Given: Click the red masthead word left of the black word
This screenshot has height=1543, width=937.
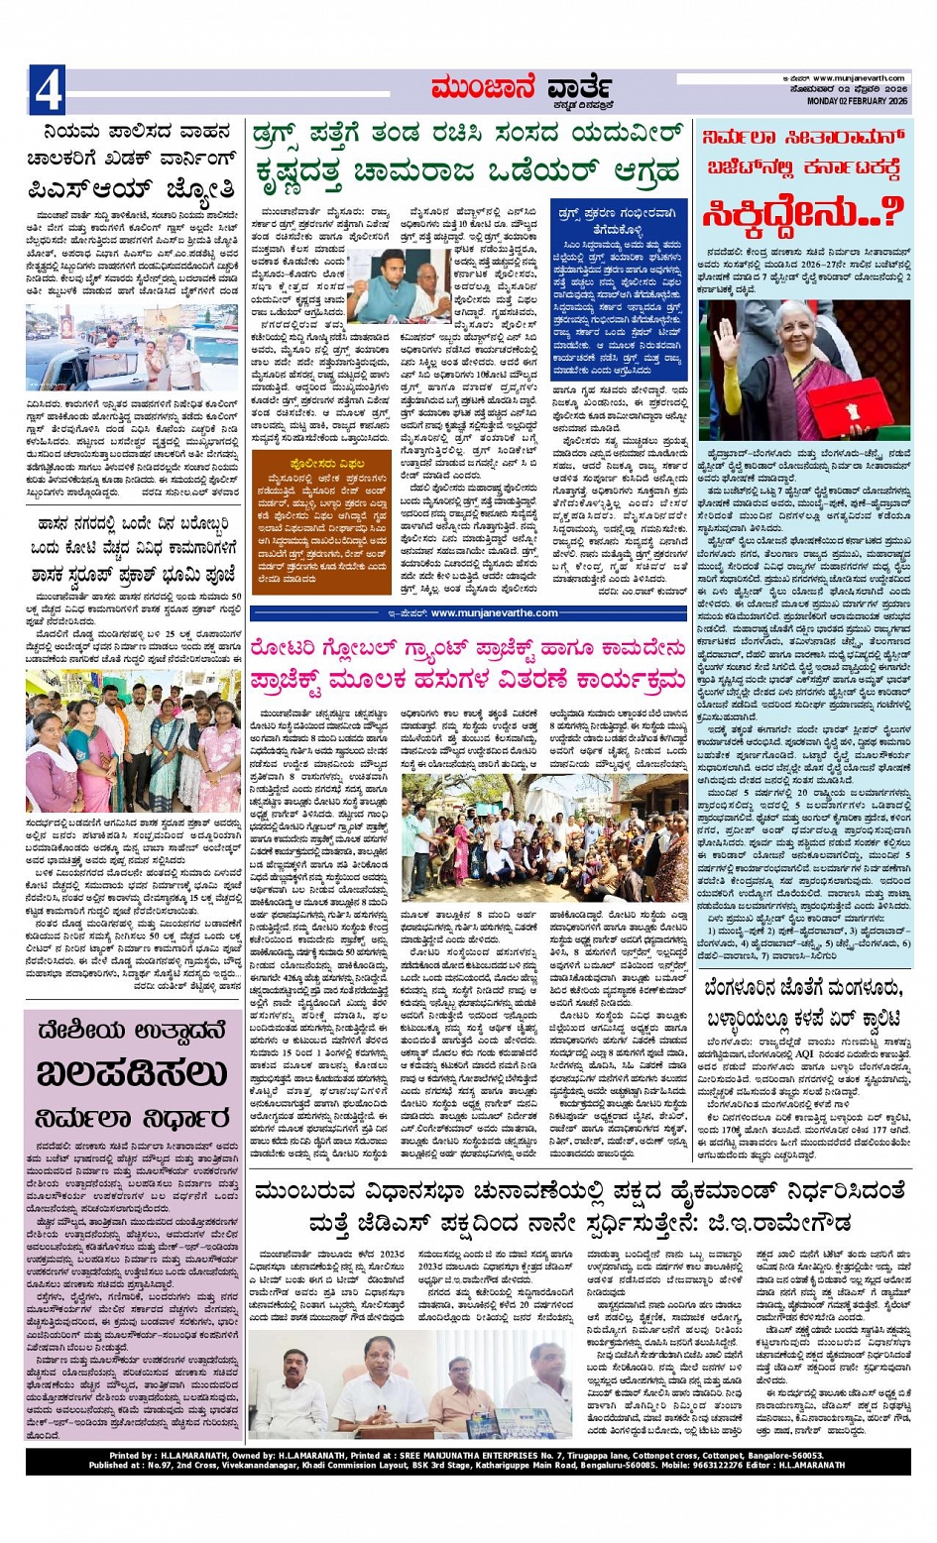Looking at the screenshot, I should pyautogui.click(x=484, y=90).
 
